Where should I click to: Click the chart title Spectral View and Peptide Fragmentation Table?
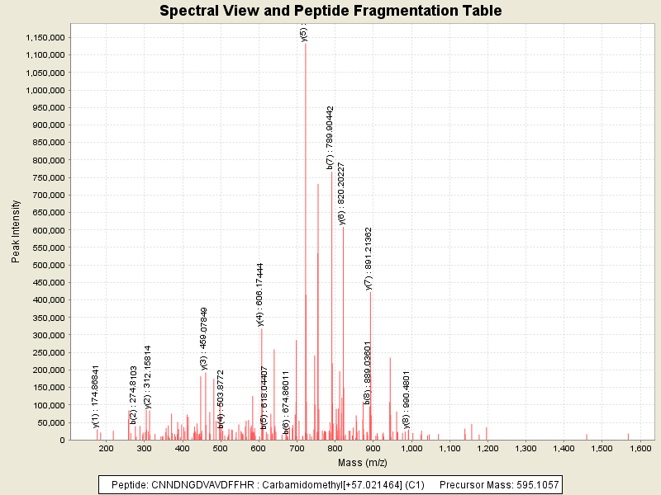(x=330, y=11)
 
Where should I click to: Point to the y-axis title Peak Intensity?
(x=17, y=234)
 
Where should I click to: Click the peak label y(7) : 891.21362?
(x=369, y=258)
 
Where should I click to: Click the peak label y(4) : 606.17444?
(x=260, y=295)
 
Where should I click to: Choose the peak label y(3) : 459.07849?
(x=204, y=337)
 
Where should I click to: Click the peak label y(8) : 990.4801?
(x=407, y=400)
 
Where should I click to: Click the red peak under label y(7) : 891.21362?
(x=370, y=371)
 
